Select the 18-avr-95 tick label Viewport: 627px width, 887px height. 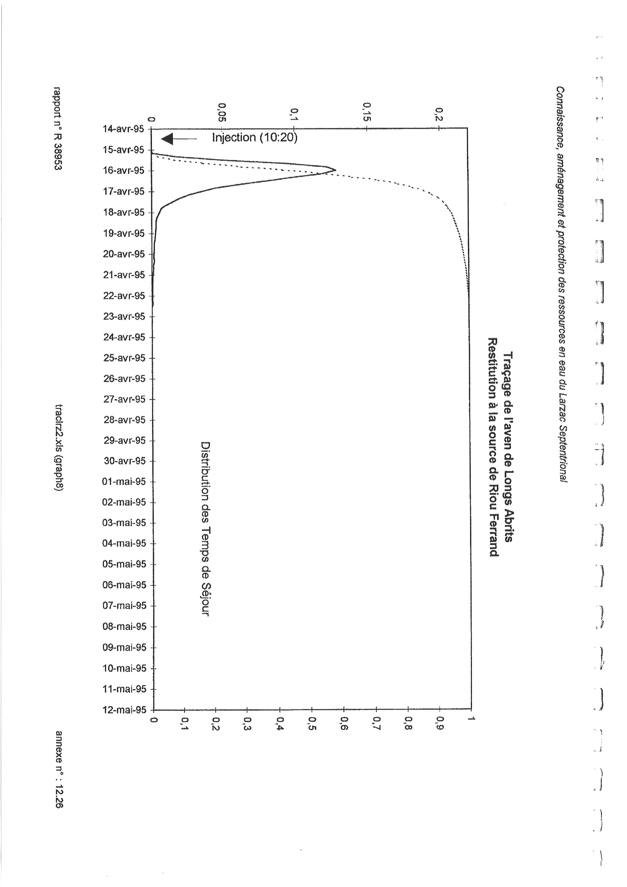(x=124, y=212)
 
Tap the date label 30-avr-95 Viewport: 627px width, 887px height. (x=124, y=461)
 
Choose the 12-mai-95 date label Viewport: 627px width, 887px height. (x=124, y=710)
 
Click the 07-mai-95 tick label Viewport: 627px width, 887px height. (x=124, y=606)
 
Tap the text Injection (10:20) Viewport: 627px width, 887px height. (x=255, y=138)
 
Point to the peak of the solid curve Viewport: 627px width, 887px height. (x=335, y=170)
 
